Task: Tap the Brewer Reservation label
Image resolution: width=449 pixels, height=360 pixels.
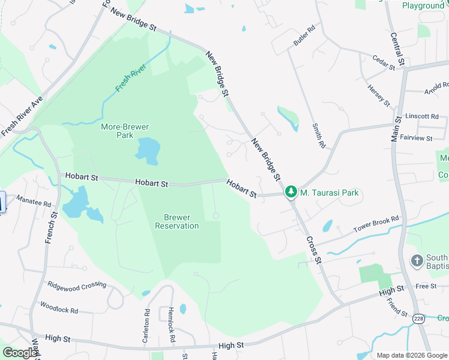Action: tap(176, 221)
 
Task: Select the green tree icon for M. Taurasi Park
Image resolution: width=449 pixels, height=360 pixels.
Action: tap(291, 192)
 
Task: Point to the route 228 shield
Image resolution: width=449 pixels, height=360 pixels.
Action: tap(418, 319)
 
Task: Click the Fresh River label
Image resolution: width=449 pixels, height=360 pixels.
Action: tap(131, 78)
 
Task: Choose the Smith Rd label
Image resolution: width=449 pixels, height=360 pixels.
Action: tap(318, 136)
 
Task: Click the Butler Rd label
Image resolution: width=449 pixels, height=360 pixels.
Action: tap(304, 37)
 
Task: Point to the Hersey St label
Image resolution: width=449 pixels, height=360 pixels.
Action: tap(379, 95)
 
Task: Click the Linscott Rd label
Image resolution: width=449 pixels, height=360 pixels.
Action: tap(422, 116)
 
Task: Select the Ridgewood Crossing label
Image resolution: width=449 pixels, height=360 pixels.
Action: tap(77, 286)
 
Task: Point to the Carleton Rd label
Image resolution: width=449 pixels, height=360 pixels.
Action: tap(146, 326)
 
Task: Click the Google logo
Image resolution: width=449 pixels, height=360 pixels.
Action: tap(20, 353)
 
